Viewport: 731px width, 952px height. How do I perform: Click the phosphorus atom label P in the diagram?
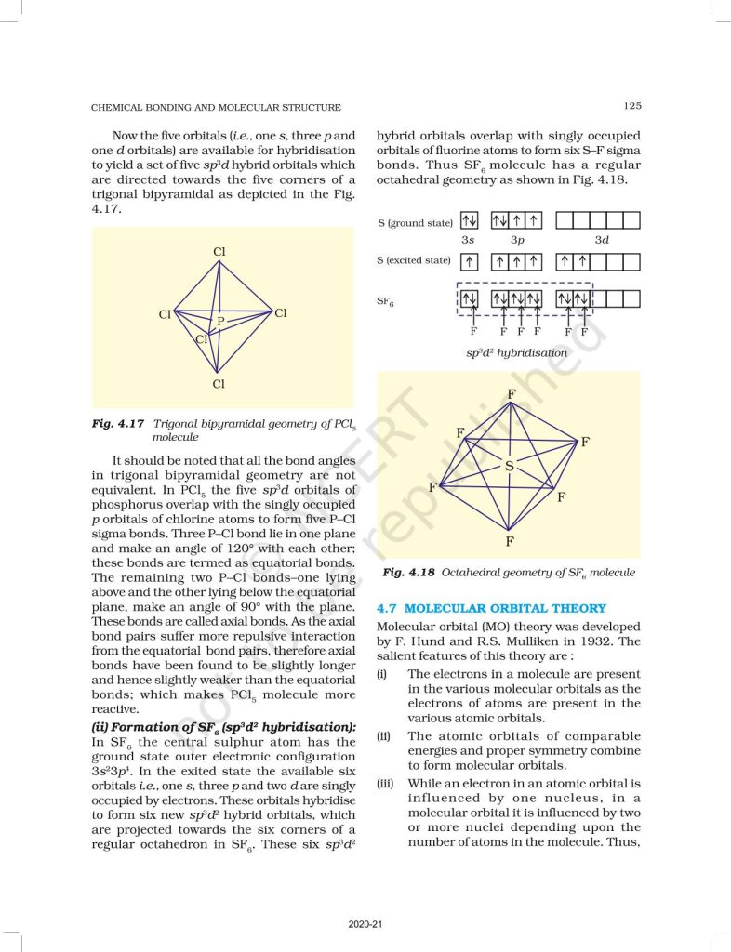pos(220,322)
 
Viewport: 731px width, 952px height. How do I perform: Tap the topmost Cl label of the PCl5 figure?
pos(219,252)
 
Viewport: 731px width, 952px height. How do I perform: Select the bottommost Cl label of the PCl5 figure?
pos(219,383)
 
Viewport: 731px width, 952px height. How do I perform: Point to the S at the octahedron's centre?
pos(510,467)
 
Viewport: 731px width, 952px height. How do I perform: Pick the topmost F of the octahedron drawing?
pos(511,394)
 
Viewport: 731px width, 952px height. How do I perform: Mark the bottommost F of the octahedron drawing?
pos(510,540)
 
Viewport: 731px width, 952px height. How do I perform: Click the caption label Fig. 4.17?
pos(118,423)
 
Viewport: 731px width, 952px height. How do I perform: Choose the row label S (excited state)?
pos(414,260)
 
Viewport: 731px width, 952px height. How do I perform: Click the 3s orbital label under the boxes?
pos(470,241)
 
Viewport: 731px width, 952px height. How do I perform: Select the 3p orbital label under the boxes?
pos(517,241)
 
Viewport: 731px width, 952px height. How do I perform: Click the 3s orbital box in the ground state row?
pos(470,221)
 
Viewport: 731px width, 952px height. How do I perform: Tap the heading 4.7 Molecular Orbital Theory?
pos(491,608)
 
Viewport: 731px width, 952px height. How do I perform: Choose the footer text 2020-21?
pos(365,925)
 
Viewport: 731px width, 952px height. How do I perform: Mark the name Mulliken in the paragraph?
pos(525,641)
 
